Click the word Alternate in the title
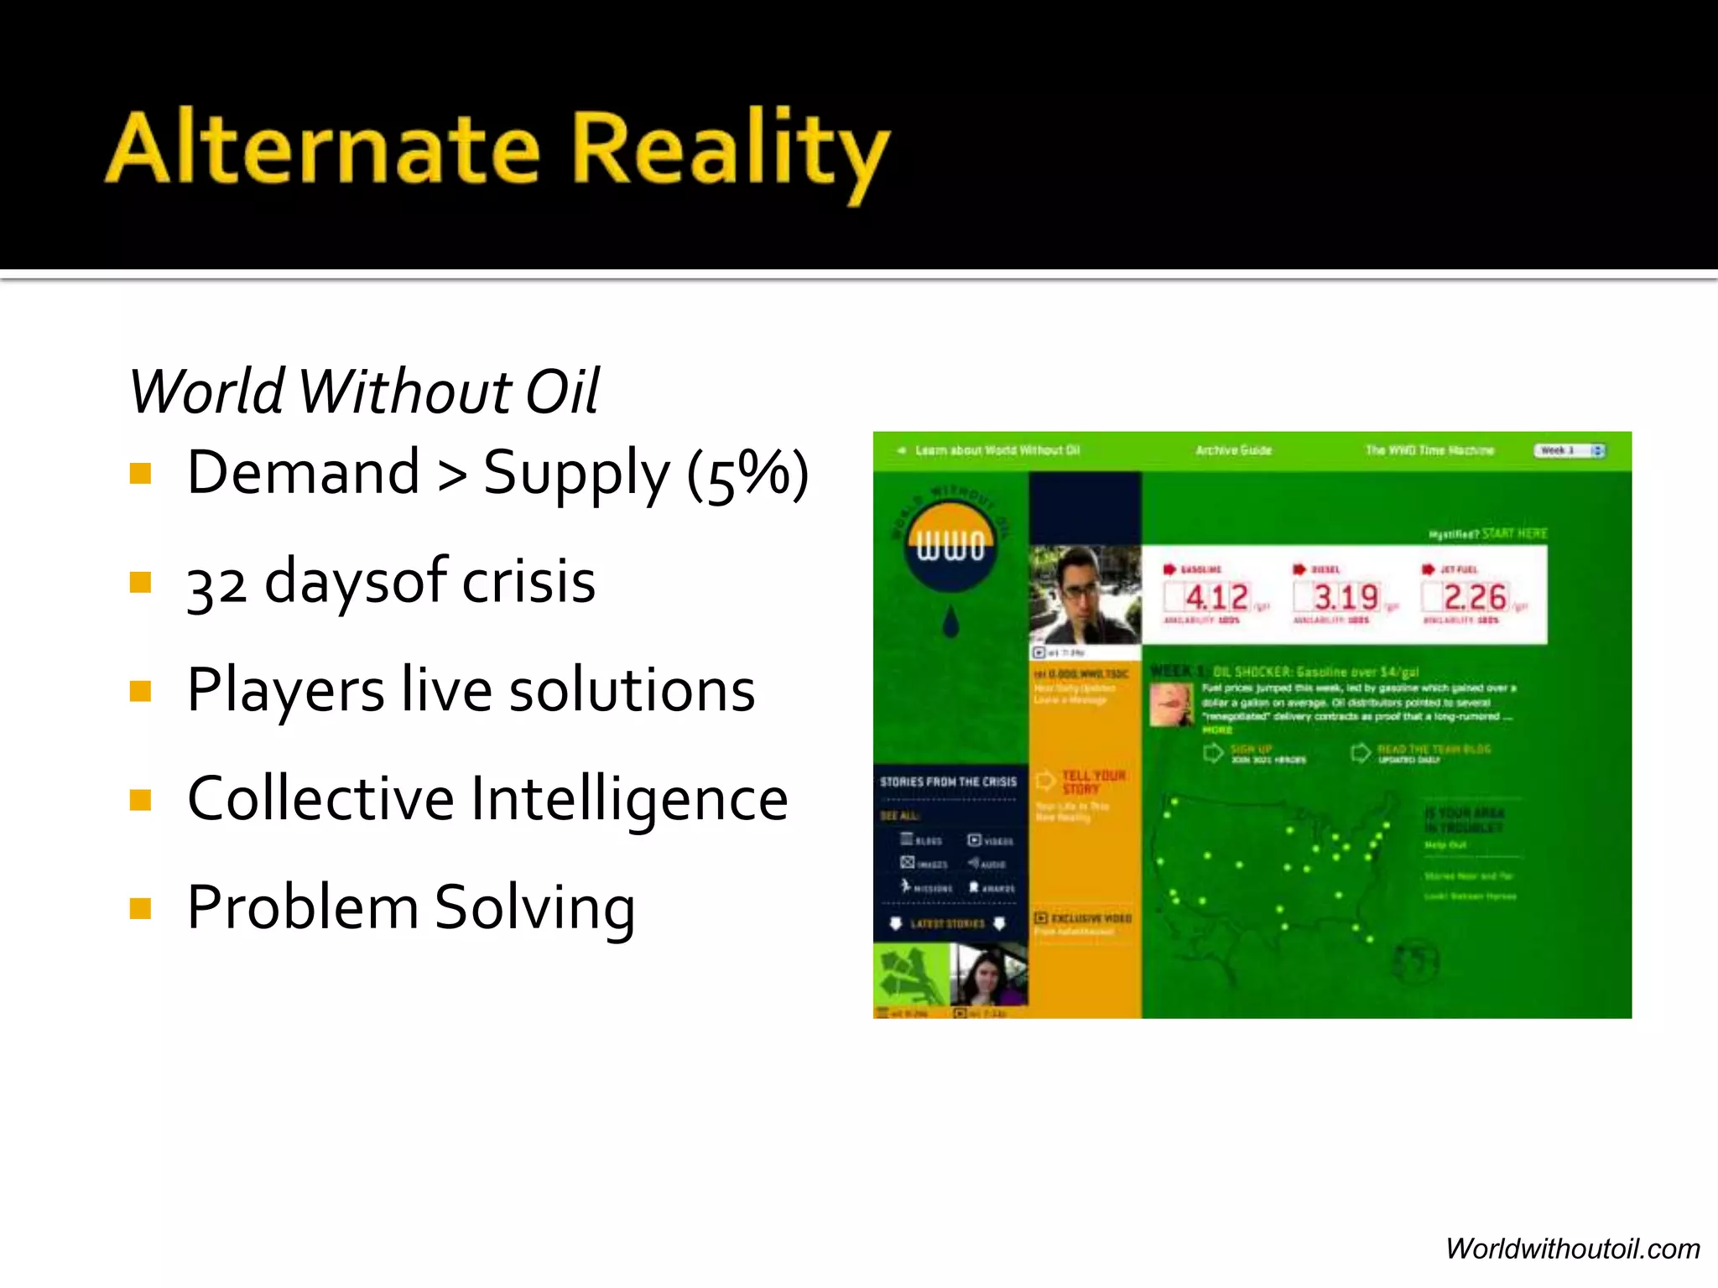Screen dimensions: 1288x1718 pyautogui.click(x=323, y=148)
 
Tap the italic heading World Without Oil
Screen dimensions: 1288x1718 pyautogui.click(x=364, y=392)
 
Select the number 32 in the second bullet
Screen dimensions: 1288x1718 pyautogui.click(x=216, y=584)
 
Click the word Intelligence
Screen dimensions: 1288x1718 pyautogui.click(x=629, y=799)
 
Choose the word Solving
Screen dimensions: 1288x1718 pyautogui.click(x=535, y=908)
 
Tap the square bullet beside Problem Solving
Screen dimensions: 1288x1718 pyautogui.click(x=140, y=909)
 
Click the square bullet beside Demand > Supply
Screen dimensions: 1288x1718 pyautogui.click(x=140, y=474)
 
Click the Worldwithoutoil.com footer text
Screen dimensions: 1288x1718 pyautogui.click(x=1572, y=1249)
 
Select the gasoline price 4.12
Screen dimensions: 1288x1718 pyautogui.click(x=1216, y=598)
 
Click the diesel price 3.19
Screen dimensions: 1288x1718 pyautogui.click(x=1346, y=598)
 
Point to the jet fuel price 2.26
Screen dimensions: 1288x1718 pyautogui.click(x=1474, y=598)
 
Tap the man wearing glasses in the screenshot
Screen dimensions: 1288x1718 pyautogui.click(x=1084, y=594)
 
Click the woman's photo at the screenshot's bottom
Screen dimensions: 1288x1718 pyautogui.click(x=988, y=974)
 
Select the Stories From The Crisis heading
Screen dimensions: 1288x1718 pyautogui.click(x=948, y=782)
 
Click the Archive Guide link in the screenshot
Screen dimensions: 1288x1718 pyautogui.click(x=1233, y=450)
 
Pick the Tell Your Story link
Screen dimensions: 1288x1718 pyautogui.click(x=1093, y=782)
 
